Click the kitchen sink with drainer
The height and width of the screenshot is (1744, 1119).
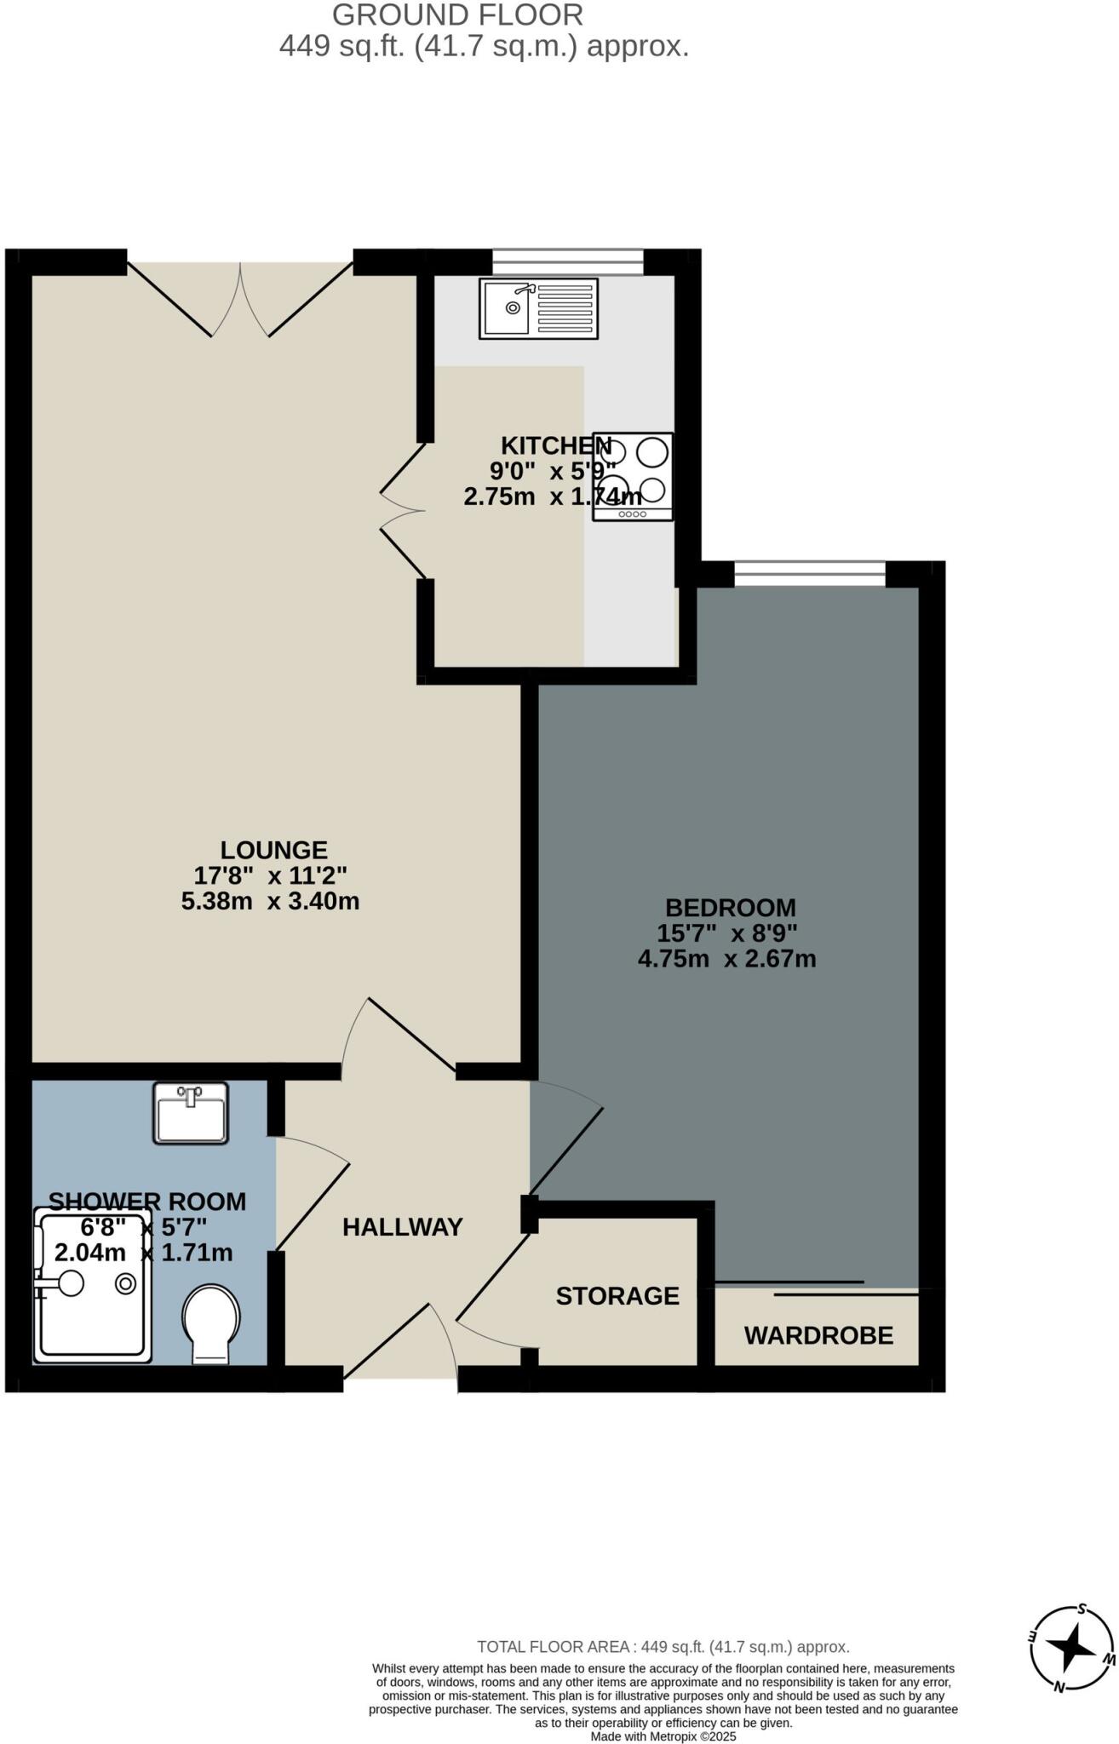538,308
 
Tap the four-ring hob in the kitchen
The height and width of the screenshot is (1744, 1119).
633,476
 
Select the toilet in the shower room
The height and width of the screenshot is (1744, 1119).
210,1322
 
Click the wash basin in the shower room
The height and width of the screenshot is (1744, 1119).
191,1112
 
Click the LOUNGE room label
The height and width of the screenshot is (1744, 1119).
273,850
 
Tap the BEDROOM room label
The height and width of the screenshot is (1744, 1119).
730,908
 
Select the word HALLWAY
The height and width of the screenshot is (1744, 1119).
402,1227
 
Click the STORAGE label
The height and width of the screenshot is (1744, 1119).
617,1296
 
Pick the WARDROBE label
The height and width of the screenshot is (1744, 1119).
818,1335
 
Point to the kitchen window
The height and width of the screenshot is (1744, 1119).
568,261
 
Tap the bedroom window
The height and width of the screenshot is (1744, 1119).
810,574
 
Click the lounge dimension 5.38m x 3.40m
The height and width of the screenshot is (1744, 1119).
270,901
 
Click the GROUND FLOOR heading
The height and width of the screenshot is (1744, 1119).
457,15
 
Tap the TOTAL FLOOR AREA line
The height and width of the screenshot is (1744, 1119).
663,1647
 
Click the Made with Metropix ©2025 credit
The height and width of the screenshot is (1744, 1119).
663,1736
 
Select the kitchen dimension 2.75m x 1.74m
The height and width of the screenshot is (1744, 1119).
552,497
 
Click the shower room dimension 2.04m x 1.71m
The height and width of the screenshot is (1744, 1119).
143,1253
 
